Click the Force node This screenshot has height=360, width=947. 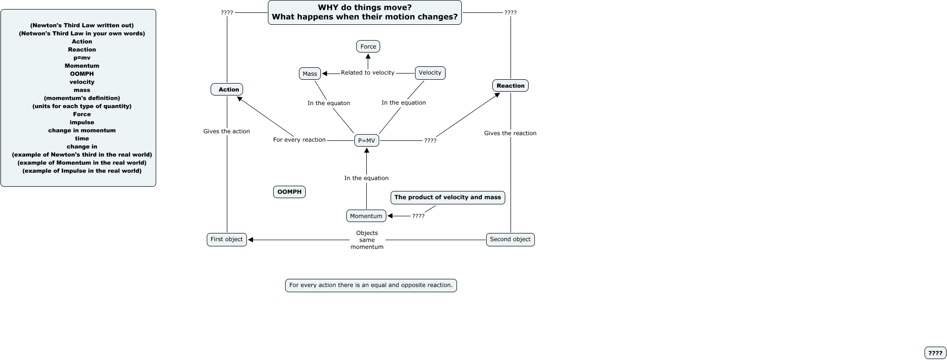[x=368, y=46]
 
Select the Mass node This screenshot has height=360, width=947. [x=310, y=74]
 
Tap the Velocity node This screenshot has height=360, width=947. [x=430, y=73]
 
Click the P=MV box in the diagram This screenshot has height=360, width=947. [x=367, y=140]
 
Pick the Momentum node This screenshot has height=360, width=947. [x=366, y=216]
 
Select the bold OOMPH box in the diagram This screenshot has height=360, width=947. [x=289, y=192]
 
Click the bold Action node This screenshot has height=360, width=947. [x=227, y=89]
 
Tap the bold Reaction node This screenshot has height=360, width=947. [x=511, y=85]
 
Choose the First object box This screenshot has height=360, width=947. [x=227, y=239]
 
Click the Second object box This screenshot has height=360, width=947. [x=511, y=239]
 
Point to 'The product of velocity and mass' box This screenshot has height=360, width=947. [x=448, y=197]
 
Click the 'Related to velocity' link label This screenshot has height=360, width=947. [x=368, y=73]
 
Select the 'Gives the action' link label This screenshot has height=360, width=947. [x=227, y=131]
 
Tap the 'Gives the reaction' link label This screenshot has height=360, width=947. [x=511, y=133]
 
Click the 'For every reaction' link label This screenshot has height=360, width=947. [x=299, y=140]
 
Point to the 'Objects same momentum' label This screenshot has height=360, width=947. [x=367, y=240]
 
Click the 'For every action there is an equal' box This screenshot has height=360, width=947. [x=371, y=286]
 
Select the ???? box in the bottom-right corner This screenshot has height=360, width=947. [x=936, y=353]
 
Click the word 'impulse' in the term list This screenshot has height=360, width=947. [x=82, y=122]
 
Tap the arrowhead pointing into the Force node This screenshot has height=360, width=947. [x=368, y=56]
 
